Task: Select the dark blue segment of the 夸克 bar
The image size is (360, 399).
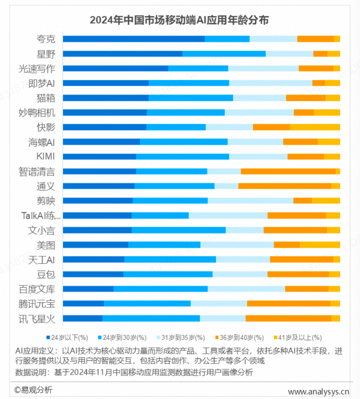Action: click(x=134, y=39)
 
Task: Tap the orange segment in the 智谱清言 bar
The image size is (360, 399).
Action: click(x=288, y=171)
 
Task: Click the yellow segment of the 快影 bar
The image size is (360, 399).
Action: click(x=315, y=127)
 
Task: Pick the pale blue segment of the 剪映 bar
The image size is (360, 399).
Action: click(x=250, y=201)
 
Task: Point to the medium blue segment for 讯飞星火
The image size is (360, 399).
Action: click(x=151, y=318)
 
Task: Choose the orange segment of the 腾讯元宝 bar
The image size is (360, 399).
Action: click(x=289, y=304)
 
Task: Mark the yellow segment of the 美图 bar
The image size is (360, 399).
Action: click(x=319, y=245)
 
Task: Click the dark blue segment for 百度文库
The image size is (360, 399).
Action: click(x=88, y=289)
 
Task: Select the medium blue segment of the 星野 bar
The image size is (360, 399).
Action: click(x=224, y=54)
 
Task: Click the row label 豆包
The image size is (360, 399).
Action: click(x=46, y=274)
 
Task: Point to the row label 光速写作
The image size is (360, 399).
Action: click(x=37, y=69)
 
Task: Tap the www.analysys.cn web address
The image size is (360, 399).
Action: click(x=319, y=391)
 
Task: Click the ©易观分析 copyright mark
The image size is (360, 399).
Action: click(x=33, y=390)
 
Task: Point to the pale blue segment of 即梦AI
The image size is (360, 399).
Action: click(x=270, y=83)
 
